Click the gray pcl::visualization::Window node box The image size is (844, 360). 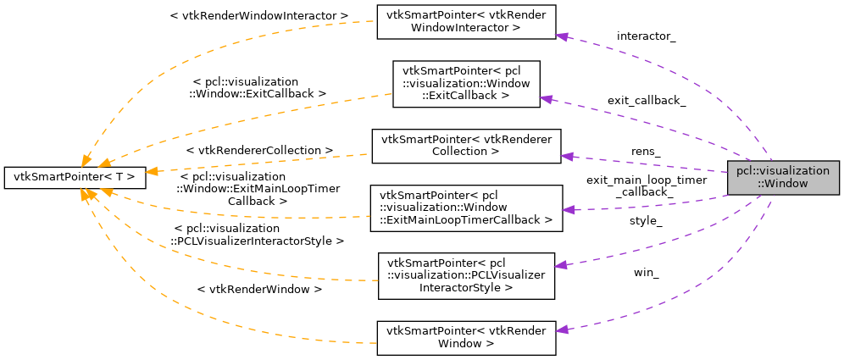click(x=783, y=177)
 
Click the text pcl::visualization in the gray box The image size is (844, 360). click(x=783, y=171)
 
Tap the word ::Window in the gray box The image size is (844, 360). click(x=783, y=184)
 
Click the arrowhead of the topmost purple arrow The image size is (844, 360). click(x=561, y=36)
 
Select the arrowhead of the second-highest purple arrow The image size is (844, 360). click(x=546, y=99)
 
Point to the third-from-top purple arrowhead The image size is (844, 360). click(x=567, y=157)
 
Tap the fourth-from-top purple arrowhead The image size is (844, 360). click(x=568, y=209)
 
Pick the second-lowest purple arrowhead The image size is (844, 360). click(x=560, y=265)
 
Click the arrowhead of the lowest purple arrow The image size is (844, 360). click(x=561, y=330)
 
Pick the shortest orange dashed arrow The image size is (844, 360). click(x=254, y=163)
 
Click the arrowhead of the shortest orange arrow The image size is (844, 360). click(x=152, y=171)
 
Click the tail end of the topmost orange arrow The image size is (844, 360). click(x=374, y=21)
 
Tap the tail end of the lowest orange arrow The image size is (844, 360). click(x=375, y=343)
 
